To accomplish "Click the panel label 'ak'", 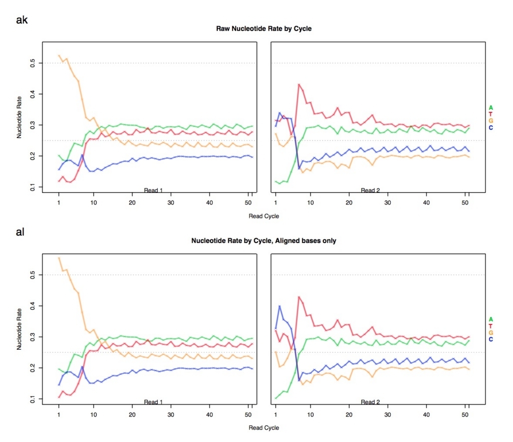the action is pyautogui.click(x=22, y=20).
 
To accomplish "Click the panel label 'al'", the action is pyautogui.click(x=20, y=232).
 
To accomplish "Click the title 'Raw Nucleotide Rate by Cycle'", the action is pyautogui.click(x=264, y=29).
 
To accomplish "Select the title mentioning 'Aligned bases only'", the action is pyautogui.click(x=264, y=241).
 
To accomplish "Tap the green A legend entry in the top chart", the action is pyautogui.click(x=491, y=108).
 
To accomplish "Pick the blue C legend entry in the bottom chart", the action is pyautogui.click(x=491, y=339).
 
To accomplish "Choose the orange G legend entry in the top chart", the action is pyautogui.click(x=491, y=121).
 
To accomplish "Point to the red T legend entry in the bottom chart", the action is pyautogui.click(x=491, y=326).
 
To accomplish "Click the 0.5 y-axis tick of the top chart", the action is pyautogui.click(x=33, y=63).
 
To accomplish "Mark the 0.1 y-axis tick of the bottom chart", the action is pyautogui.click(x=33, y=399).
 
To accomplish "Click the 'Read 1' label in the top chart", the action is pyautogui.click(x=153, y=190).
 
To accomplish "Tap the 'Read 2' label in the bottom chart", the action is pyautogui.click(x=370, y=402).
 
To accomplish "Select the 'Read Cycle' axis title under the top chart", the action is pyautogui.click(x=264, y=216).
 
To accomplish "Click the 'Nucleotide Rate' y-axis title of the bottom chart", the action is pyautogui.click(x=20, y=329).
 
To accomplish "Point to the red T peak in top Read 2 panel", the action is pyautogui.click(x=299, y=84).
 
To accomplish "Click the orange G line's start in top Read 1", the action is pyautogui.click(x=59, y=55).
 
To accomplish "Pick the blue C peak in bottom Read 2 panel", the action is pyautogui.click(x=280, y=306).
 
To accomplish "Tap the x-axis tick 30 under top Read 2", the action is pyautogui.click(x=388, y=202).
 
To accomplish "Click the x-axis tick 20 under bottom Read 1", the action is pyautogui.click(x=132, y=414).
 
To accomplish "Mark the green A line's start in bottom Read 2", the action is pyautogui.click(x=276, y=398).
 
